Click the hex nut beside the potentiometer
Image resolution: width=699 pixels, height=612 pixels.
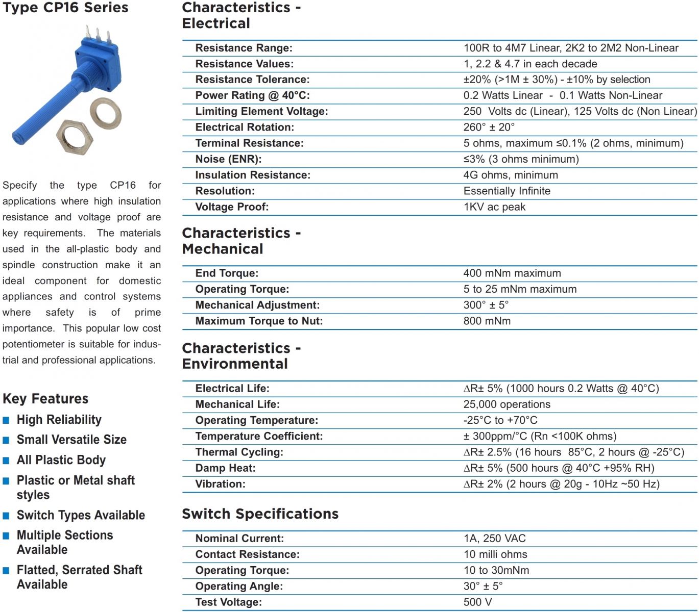click(x=75, y=138)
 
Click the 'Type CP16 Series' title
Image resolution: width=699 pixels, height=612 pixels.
click(x=65, y=8)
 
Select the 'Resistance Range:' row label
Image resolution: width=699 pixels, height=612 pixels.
click(x=244, y=48)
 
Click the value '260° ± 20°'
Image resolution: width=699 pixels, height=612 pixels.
click(x=489, y=127)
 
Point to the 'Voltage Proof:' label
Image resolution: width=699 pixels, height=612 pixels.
click(x=231, y=207)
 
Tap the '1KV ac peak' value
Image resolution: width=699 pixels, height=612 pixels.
click(x=494, y=207)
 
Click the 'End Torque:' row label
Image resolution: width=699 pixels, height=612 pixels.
click(x=227, y=273)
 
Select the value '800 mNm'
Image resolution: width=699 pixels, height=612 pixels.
click(x=487, y=321)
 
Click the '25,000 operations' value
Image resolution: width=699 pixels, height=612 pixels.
click(x=507, y=404)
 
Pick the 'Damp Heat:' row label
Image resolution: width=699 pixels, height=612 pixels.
click(x=225, y=468)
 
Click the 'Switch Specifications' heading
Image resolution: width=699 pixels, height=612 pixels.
click(x=260, y=514)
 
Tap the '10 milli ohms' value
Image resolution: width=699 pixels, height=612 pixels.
click(x=495, y=554)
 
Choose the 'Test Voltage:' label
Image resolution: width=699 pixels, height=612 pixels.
click(x=228, y=602)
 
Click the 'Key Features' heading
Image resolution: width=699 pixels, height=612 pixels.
click(x=45, y=399)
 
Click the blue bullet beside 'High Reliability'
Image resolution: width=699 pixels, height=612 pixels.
click(x=6, y=420)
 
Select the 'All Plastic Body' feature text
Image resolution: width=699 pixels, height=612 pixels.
click(x=61, y=460)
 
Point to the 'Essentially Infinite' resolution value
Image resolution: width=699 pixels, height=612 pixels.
click(x=507, y=191)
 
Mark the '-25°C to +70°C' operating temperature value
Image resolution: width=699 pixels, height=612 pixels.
click(x=500, y=420)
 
